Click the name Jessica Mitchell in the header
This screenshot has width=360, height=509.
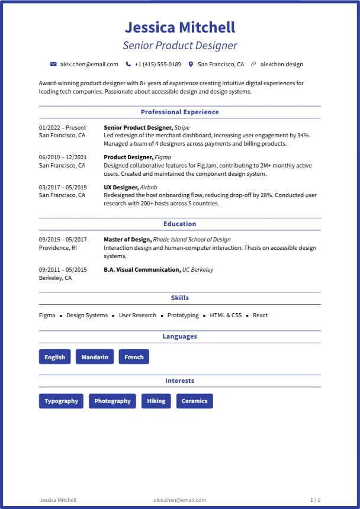coord(180,27)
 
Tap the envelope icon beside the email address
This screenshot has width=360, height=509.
coord(53,64)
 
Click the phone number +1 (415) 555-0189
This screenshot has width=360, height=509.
coord(157,64)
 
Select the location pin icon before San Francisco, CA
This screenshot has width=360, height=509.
coord(191,64)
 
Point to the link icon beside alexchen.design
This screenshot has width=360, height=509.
coord(253,64)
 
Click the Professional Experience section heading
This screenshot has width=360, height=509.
coord(180,112)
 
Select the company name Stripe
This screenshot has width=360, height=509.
coord(182,127)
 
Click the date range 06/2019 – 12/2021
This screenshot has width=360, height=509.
coord(63,157)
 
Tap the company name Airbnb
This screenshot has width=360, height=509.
coord(150,187)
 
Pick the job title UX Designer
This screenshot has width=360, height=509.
coord(120,187)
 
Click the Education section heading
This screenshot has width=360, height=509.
coord(180,224)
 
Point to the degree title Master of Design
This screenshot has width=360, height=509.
coord(127,240)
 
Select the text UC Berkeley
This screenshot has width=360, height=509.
coord(198,269)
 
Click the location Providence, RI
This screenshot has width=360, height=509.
coord(58,248)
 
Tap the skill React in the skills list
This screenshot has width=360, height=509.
coord(261,315)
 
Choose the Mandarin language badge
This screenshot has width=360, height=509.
coord(95,357)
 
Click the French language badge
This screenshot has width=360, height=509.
coord(134,357)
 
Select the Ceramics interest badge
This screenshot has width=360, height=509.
coord(194,401)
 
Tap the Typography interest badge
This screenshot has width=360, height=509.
coord(61,401)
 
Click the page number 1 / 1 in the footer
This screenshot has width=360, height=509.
coord(315,500)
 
